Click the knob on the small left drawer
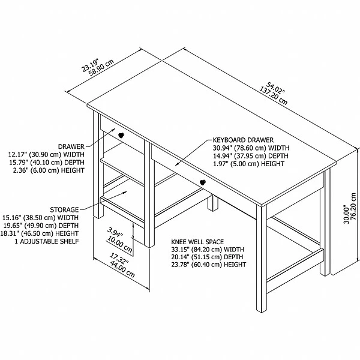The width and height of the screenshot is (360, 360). click(121, 135)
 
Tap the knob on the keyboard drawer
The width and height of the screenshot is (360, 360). click(203, 182)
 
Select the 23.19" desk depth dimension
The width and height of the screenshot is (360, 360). click(90, 65)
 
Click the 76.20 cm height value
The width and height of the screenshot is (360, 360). click(353, 206)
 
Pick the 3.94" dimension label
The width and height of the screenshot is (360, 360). click(115, 232)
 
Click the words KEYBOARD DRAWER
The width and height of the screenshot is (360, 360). click(243, 140)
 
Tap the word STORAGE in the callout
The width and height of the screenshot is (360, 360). click(64, 209)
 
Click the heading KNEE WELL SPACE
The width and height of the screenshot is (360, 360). click(197, 242)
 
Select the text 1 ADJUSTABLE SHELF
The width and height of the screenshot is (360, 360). click(47, 241)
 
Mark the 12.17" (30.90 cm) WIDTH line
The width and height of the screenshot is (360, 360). click(46, 154)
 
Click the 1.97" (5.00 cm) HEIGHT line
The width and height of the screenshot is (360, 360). click(248, 164)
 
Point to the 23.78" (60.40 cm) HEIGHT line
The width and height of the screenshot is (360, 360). click(209, 265)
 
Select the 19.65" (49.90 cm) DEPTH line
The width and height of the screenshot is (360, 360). click(41, 226)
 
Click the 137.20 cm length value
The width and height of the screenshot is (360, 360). click(273, 96)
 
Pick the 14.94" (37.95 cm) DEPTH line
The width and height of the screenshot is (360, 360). click(251, 156)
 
